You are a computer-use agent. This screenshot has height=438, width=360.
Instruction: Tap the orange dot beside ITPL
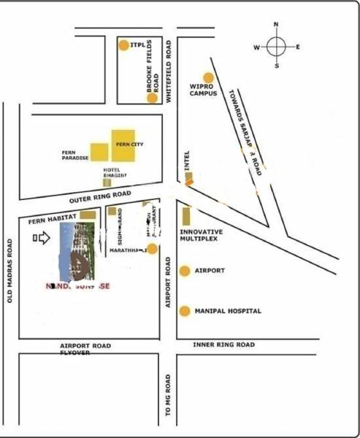(123, 45)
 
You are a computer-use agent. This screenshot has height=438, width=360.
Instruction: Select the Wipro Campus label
(204, 90)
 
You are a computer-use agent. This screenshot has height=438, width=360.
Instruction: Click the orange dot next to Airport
(185, 270)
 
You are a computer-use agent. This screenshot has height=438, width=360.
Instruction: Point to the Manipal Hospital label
(228, 311)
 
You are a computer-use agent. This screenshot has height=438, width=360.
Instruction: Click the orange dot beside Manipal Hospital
(185, 311)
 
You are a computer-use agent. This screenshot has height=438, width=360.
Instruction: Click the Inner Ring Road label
(223, 345)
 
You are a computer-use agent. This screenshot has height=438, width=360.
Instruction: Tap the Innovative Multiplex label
(201, 235)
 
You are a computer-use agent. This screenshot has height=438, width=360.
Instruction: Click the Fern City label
(130, 145)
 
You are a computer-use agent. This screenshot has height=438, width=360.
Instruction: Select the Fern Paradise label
(74, 155)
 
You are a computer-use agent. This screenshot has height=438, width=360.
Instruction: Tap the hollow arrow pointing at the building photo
(42, 237)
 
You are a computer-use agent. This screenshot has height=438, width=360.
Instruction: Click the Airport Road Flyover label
(85, 348)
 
